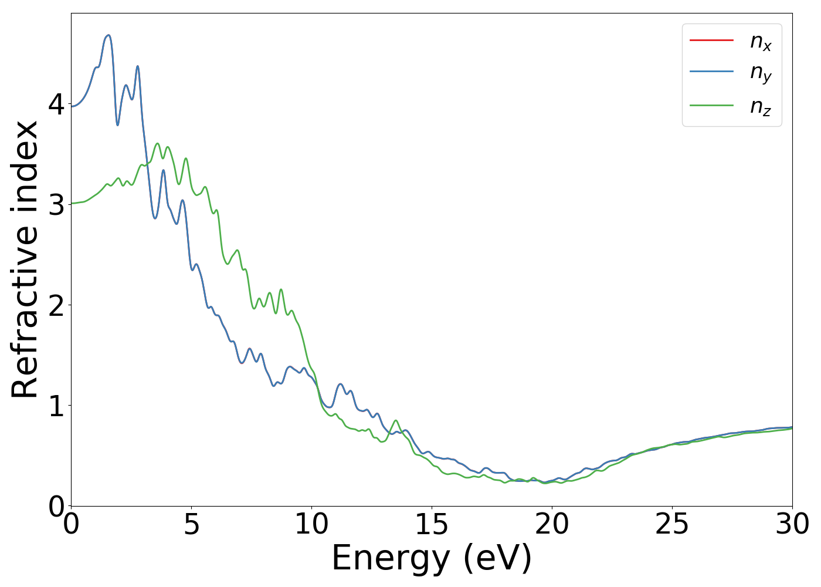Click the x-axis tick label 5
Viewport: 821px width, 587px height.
(192, 524)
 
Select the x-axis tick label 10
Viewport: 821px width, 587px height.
(311, 524)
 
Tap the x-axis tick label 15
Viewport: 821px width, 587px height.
(432, 524)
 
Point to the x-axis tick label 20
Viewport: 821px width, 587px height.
(552, 524)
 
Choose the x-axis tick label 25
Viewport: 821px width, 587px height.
(672, 524)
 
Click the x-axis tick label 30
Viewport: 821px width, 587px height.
(792, 524)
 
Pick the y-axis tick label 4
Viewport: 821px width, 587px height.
(56, 104)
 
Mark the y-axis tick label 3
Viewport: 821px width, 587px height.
(56, 205)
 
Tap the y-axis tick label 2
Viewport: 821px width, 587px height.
(56, 305)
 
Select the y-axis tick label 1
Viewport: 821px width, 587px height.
(56, 406)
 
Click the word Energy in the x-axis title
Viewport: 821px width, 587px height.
(394, 558)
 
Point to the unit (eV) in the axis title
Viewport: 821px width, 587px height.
(497, 558)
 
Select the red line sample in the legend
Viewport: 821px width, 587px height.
(711, 41)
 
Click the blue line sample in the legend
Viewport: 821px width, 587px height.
(711, 72)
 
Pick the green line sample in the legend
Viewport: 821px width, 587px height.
(711, 106)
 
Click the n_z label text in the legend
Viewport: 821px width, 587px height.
(760, 107)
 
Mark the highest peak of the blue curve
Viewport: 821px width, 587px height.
(107, 35)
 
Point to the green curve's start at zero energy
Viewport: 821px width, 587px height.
(72, 203)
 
